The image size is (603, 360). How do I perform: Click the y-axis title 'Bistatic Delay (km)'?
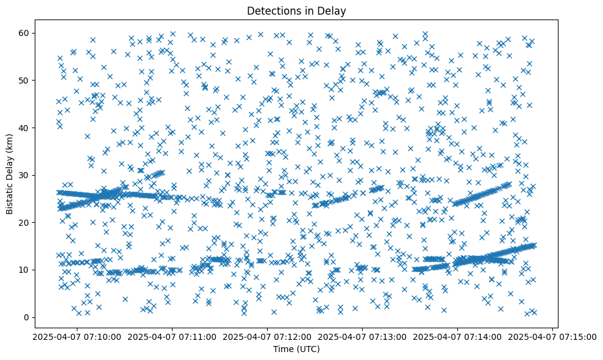click(10, 175)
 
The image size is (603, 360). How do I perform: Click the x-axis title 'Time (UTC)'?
click(296, 350)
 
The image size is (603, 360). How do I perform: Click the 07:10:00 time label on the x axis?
click(77, 336)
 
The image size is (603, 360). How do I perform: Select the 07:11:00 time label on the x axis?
click(172, 336)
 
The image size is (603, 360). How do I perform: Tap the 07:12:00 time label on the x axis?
click(267, 336)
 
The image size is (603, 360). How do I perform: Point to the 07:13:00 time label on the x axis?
click(362, 336)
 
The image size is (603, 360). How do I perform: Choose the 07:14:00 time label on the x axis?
click(457, 336)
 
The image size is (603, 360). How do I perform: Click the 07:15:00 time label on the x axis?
click(552, 336)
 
